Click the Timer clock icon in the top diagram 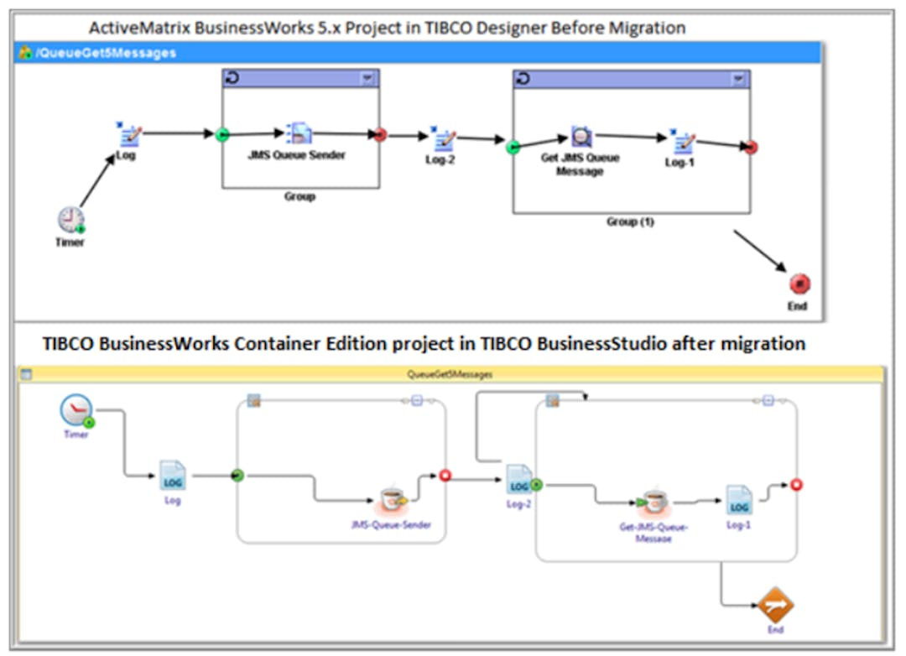(70, 220)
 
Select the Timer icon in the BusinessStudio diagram (75, 411)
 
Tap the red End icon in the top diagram (799, 284)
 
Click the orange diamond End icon (775, 604)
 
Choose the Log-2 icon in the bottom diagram (518, 480)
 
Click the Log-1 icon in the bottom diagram (739, 500)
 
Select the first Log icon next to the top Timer (129, 135)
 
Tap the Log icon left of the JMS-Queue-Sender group (173, 476)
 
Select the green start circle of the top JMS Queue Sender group (222, 134)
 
